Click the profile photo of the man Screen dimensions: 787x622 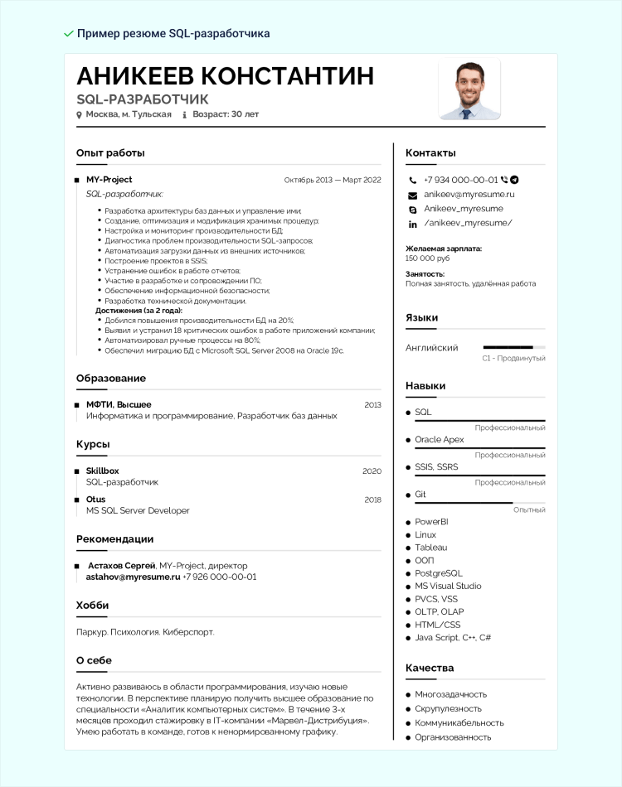click(x=469, y=89)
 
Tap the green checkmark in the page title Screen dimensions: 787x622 click(x=68, y=33)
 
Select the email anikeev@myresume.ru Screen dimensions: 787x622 click(x=469, y=194)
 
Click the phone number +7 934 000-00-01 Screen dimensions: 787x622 click(x=460, y=180)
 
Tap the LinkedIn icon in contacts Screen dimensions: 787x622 click(x=412, y=224)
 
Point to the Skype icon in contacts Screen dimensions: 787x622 click(x=412, y=210)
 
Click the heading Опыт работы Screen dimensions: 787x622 click(x=110, y=152)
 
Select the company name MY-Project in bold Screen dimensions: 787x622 click(x=109, y=180)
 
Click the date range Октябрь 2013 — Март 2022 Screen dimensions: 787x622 click(x=332, y=180)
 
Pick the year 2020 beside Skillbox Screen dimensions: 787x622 click(x=372, y=471)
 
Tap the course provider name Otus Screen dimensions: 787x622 click(x=96, y=500)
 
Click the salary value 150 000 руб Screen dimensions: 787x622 click(x=427, y=258)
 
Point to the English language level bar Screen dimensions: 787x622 click(x=513, y=347)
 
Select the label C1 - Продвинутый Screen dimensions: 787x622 click(x=513, y=359)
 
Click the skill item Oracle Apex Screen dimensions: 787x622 click(x=440, y=440)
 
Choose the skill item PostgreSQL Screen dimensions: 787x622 click(x=439, y=573)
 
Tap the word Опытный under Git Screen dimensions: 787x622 click(x=529, y=510)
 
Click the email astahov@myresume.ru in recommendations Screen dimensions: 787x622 click(x=133, y=577)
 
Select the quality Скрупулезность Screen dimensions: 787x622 click(x=448, y=709)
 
